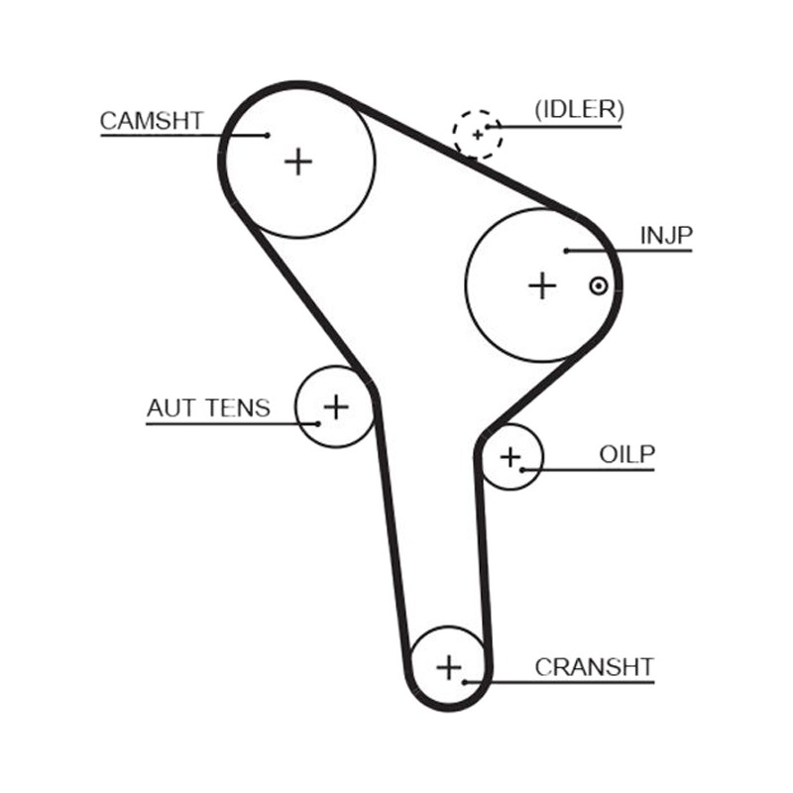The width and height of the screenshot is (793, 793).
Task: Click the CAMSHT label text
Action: [x=152, y=121]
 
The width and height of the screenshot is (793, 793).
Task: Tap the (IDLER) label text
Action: [x=580, y=109]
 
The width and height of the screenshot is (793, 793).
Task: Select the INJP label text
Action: [x=666, y=235]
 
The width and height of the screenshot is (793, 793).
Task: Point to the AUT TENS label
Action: [x=208, y=408]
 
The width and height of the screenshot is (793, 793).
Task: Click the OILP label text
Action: [x=627, y=455]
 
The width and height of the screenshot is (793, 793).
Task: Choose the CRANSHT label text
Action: [x=595, y=667]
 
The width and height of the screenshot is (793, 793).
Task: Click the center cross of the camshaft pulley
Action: [x=298, y=162]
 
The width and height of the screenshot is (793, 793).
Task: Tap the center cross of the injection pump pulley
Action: [x=542, y=286]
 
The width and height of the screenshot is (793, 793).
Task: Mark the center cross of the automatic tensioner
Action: [x=336, y=406]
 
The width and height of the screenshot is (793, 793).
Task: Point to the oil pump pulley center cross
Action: [x=510, y=457]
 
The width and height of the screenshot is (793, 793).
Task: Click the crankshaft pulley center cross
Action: [x=449, y=667]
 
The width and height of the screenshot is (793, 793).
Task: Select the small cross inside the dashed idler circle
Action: [x=478, y=135]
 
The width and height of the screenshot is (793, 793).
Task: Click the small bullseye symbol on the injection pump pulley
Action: [x=599, y=286]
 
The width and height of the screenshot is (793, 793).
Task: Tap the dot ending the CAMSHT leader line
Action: [x=268, y=135]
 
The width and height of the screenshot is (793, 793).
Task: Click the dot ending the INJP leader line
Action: [x=567, y=251]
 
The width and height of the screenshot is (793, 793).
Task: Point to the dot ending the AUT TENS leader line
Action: [x=317, y=424]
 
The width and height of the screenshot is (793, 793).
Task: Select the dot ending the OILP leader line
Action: [x=522, y=470]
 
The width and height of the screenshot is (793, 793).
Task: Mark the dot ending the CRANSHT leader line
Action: [x=464, y=682]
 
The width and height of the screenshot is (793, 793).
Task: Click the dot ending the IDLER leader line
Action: [x=488, y=127]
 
